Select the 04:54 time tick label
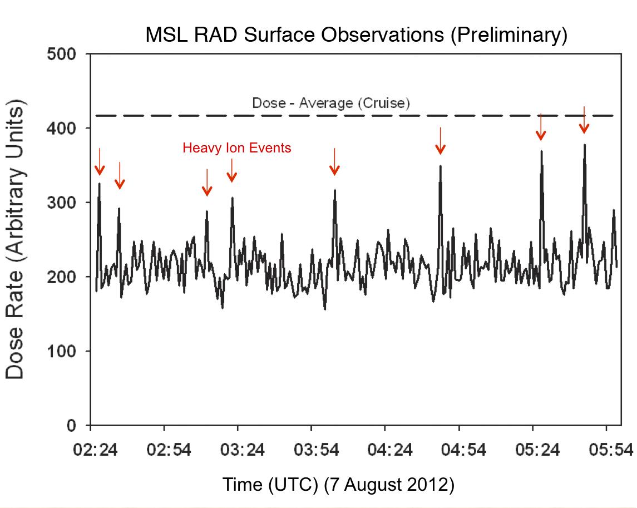464,449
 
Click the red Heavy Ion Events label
237,148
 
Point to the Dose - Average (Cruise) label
331,103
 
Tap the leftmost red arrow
100,162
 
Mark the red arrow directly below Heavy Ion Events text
232,171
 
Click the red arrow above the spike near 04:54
440,141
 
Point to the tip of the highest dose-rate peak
584,145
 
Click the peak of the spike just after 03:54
334,190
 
